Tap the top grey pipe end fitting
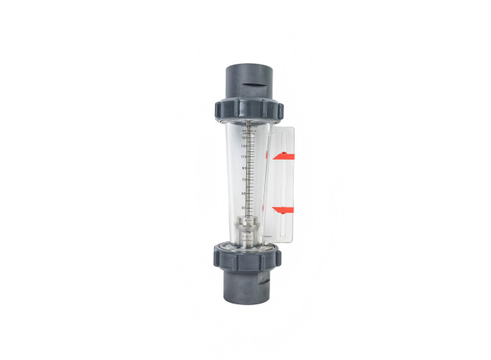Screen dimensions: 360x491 [x=245, y=79]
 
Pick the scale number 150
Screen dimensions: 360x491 [x=243, y=137]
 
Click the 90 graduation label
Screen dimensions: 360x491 [x=243, y=169]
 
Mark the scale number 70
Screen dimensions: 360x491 [x=243, y=179]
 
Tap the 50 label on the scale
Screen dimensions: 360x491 [x=243, y=194]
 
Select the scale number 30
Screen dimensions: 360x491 [x=243, y=208]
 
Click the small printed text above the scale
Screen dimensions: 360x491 [x=245, y=129]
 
